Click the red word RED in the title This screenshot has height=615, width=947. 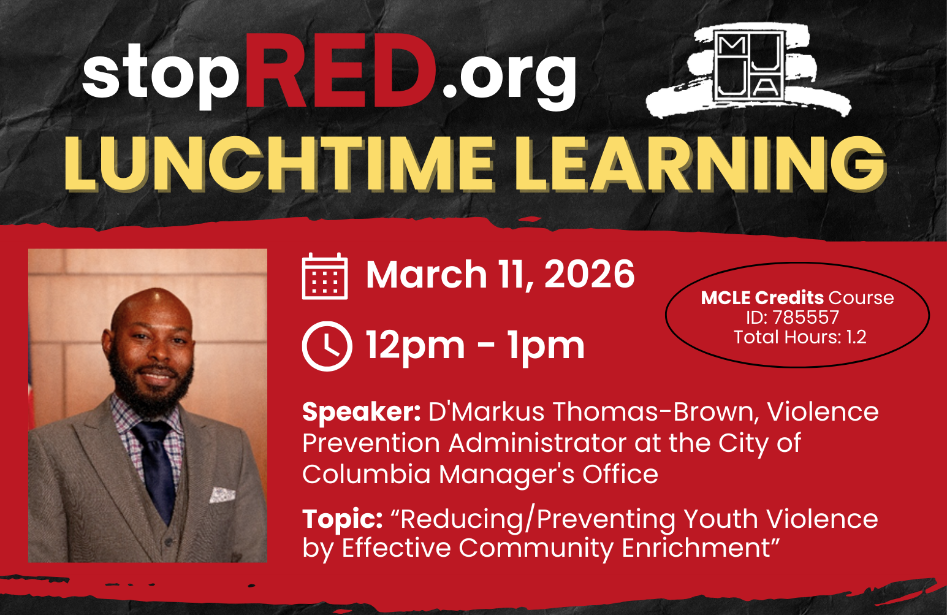pos(341,72)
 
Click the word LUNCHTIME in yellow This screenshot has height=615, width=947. pos(279,163)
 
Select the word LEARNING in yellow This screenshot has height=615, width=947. pos(699,163)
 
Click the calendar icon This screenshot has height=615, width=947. pos(325,276)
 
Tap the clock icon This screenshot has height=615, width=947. pos(327,346)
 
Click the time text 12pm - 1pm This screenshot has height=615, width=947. pos(475,346)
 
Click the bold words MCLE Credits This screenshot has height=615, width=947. pos(762,298)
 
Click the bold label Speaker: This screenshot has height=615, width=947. pos(361,412)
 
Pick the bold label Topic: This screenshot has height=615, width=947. pos(342,519)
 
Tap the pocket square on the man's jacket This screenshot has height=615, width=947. pos(222,494)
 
